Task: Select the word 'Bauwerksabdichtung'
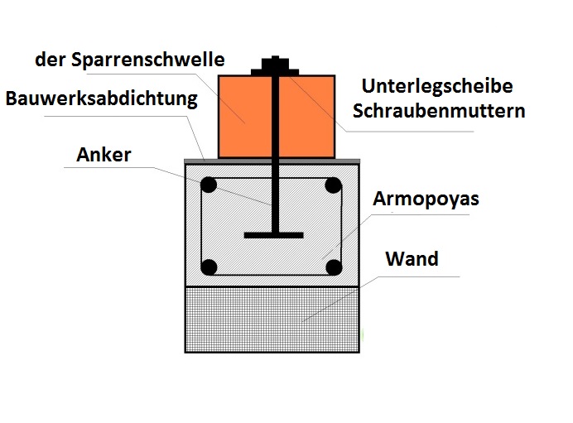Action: click(x=102, y=99)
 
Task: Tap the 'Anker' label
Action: click(x=104, y=155)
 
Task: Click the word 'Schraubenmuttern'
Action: click(x=439, y=112)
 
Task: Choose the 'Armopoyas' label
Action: click(x=426, y=200)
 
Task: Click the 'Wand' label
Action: click(x=412, y=259)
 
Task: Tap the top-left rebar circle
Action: click(x=209, y=185)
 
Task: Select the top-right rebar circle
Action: click(x=333, y=185)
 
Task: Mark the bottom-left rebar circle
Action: click(x=209, y=267)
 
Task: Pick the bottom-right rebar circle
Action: click(x=333, y=267)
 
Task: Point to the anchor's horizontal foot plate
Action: click(x=272, y=236)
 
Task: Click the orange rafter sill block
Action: click(x=244, y=116)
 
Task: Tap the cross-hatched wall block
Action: click(x=272, y=319)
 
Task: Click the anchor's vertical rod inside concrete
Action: click(x=272, y=199)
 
